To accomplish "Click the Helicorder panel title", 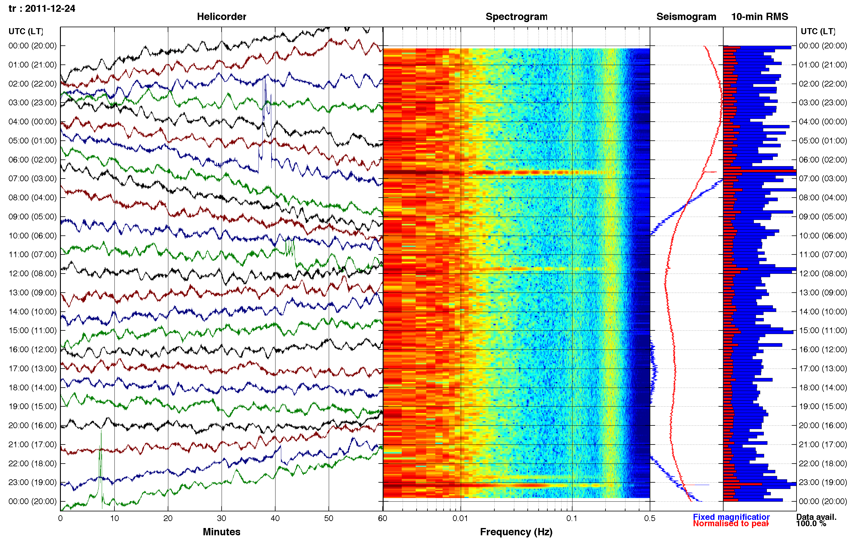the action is [x=221, y=16].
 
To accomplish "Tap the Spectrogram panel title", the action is [x=516, y=16].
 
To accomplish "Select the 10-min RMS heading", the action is [x=760, y=16].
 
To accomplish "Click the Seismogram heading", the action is [x=686, y=16].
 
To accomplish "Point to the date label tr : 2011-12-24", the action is [x=42, y=8].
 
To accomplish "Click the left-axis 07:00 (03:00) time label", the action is [x=32, y=178].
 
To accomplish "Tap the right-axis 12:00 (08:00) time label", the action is [x=823, y=273].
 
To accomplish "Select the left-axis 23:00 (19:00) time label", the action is [x=32, y=482].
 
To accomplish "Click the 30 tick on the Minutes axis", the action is [x=221, y=518].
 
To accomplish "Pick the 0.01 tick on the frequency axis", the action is [x=460, y=518].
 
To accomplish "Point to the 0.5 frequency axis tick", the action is [x=650, y=518].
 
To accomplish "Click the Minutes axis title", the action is [x=221, y=532].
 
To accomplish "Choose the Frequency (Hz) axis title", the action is [x=516, y=532].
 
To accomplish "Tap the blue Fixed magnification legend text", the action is [x=731, y=517].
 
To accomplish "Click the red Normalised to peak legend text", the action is [x=731, y=523].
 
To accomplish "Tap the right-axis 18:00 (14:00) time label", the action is [x=823, y=387].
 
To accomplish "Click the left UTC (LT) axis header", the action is [x=26, y=31].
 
